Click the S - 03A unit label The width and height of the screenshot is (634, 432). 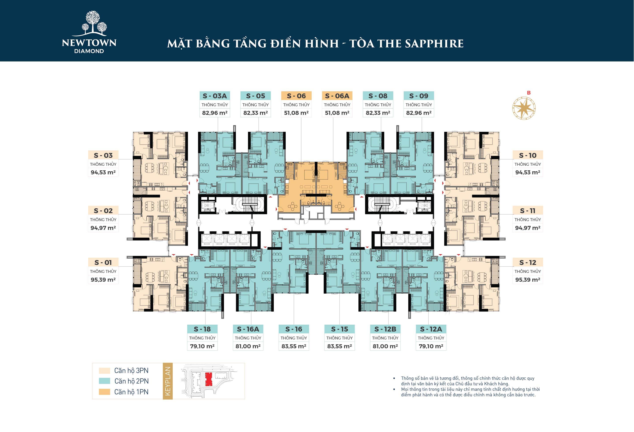pyautogui.click(x=215, y=96)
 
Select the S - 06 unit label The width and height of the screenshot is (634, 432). pyautogui.click(x=296, y=96)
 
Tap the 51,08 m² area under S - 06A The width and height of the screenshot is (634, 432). pyautogui.click(x=337, y=113)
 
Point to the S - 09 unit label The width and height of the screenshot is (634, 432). pyautogui.click(x=419, y=96)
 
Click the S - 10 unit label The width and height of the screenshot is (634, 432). pyautogui.click(x=528, y=155)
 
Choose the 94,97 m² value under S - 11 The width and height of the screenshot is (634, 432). pyautogui.click(x=528, y=228)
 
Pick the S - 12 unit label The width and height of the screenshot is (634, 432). pyautogui.click(x=528, y=263)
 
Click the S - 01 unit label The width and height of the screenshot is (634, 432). pyautogui.click(x=103, y=263)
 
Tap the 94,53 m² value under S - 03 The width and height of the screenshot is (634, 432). pyautogui.click(x=103, y=172)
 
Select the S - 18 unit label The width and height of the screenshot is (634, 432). pyautogui.click(x=202, y=329)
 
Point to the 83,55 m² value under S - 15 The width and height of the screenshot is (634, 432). pyautogui.click(x=339, y=346)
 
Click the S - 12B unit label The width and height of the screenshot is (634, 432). pyautogui.click(x=385, y=329)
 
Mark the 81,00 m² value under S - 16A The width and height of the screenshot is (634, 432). pyautogui.click(x=248, y=346)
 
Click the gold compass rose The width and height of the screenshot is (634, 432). pyautogui.click(x=524, y=108)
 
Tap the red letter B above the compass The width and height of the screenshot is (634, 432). pyautogui.click(x=529, y=93)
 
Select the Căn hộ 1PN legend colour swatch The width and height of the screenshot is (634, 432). pyautogui.click(x=104, y=392)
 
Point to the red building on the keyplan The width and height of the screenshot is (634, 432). pyautogui.click(x=209, y=379)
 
